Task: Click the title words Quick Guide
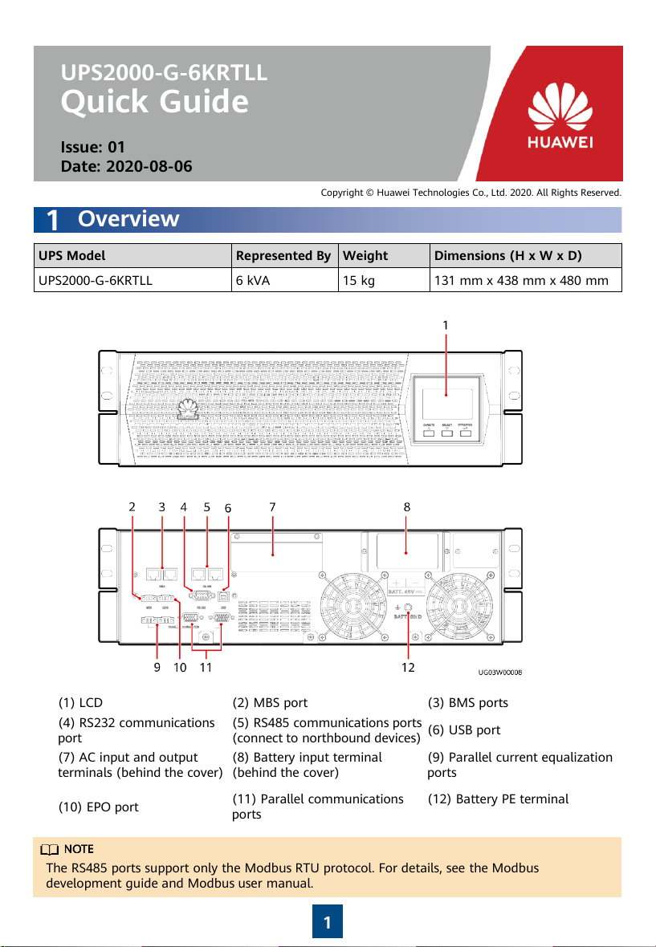(x=155, y=102)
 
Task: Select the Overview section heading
(x=128, y=219)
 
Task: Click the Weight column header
(x=365, y=256)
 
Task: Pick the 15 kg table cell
(x=358, y=281)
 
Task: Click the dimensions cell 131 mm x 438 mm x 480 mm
(x=524, y=281)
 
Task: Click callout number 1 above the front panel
(x=445, y=325)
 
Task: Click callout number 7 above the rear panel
(x=273, y=506)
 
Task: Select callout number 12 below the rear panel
(x=408, y=666)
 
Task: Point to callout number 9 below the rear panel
(x=157, y=666)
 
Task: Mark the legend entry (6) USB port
(x=463, y=730)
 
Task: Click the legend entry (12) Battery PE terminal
(x=499, y=799)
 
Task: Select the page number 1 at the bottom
(x=328, y=923)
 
